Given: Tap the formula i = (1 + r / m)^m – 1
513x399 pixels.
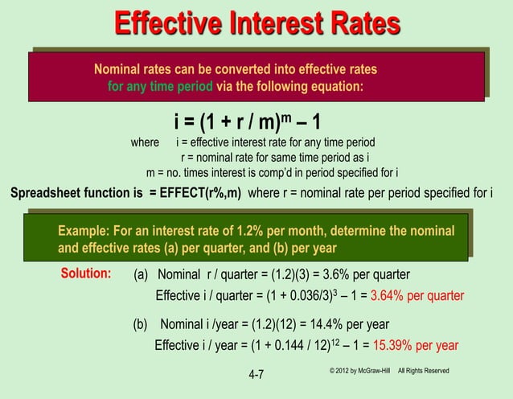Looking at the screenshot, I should [x=248, y=122].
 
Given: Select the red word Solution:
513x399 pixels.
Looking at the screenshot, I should [x=86, y=273].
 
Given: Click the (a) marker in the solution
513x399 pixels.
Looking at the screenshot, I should [x=142, y=274].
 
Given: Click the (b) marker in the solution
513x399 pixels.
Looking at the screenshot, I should [x=142, y=325].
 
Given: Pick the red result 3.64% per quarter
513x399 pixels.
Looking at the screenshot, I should [x=417, y=294].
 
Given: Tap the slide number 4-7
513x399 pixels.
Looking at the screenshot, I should [x=256, y=375].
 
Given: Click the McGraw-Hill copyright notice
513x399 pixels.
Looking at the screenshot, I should [x=388, y=370].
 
